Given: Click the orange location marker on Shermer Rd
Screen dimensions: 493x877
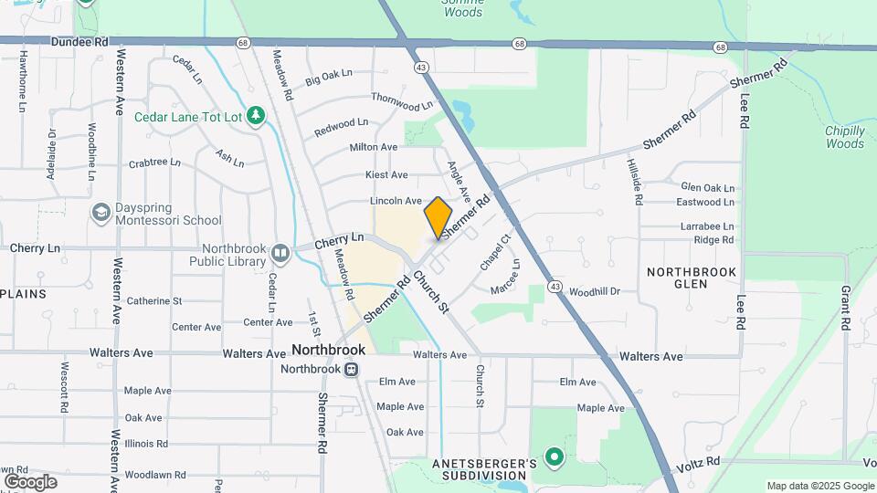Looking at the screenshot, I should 438,217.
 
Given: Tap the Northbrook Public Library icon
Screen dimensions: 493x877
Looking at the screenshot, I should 280,252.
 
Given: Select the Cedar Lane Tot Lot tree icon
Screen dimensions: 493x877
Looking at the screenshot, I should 258,115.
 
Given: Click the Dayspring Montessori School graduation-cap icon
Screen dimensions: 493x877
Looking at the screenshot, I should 101,212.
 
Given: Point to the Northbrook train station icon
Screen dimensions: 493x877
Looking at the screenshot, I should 350,370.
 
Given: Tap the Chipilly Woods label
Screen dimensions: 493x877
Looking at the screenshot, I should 844,137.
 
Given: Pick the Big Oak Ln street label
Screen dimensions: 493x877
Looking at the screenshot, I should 329,80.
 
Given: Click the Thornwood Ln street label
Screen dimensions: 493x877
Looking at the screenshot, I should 401,101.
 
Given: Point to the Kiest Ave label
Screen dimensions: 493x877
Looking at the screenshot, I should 386,174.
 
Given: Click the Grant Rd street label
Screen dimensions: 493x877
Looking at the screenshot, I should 846,309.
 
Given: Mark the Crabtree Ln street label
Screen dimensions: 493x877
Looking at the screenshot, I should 154,163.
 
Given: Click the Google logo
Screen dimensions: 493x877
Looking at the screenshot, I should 30,482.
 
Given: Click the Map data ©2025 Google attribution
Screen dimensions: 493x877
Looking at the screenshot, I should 819,486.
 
